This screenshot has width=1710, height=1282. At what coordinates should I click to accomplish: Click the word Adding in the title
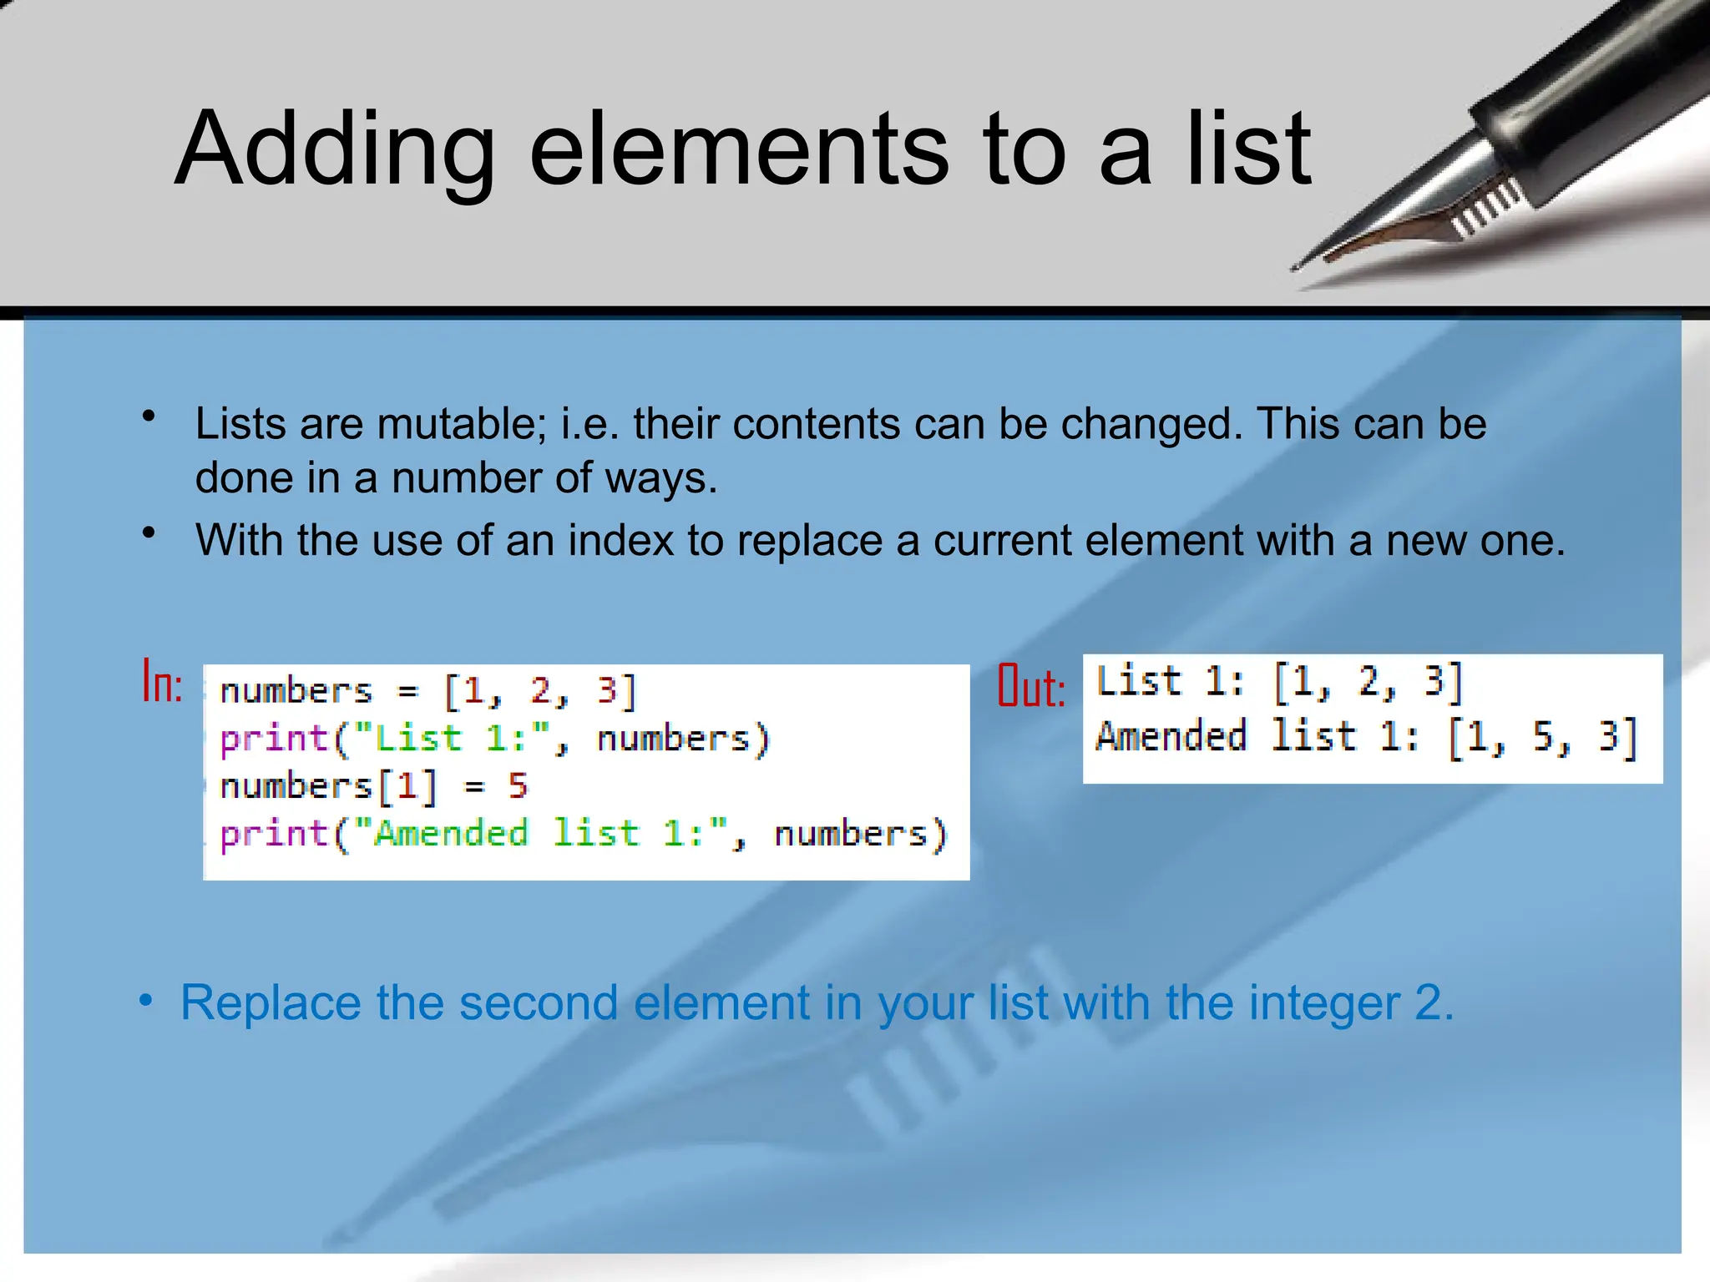click(334, 150)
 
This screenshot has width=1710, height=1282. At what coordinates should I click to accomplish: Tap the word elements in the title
click(738, 150)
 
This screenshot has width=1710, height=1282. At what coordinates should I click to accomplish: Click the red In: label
click(162, 682)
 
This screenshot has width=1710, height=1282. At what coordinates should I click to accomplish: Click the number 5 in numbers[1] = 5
click(518, 786)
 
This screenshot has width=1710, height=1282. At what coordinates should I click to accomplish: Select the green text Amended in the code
click(451, 834)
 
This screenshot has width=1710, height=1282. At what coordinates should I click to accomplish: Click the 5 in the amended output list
click(1541, 737)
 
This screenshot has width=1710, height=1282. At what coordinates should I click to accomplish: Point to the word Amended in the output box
click(1171, 737)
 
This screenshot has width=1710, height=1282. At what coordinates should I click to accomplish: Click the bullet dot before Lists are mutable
click(149, 416)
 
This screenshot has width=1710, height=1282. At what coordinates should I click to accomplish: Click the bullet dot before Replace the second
click(146, 1000)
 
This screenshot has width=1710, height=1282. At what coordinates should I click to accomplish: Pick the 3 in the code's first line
click(606, 691)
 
